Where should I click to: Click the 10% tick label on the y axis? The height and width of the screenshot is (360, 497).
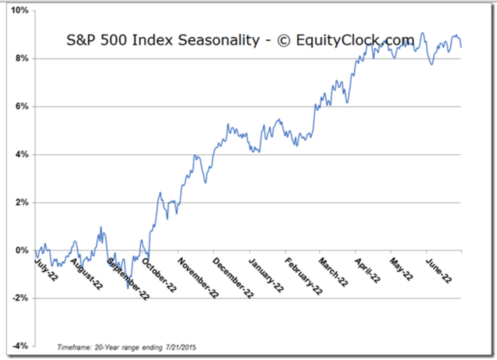click(x=20, y=10)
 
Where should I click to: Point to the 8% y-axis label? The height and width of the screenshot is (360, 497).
click(x=22, y=58)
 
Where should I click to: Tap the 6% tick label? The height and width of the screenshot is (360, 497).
click(x=22, y=106)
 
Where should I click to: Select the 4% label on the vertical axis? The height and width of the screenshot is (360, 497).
click(x=22, y=154)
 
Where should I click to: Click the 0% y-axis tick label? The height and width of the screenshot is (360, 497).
click(x=22, y=250)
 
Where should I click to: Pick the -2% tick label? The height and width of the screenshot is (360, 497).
click(x=20, y=298)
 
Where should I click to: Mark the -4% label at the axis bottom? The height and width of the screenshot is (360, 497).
click(x=20, y=346)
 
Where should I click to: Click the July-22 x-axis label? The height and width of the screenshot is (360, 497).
click(x=46, y=270)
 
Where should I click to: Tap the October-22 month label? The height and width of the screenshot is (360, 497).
click(x=159, y=275)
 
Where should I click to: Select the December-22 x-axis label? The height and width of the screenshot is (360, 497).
click(x=233, y=278)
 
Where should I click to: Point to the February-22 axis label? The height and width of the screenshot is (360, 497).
click(x=303, y=276)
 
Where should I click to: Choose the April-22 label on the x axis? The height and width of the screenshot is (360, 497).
click(x=367, y=271)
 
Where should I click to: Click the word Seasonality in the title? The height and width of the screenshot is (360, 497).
click(x=219, y=41)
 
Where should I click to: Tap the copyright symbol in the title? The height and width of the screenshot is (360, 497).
click(x=284, y=41)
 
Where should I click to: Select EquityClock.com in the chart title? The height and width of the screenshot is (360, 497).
click(x=355, y=40)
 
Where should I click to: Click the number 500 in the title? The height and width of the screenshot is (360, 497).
click(x=113, y=40)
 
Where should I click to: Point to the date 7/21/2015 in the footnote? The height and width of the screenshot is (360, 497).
click(x=181, y=347)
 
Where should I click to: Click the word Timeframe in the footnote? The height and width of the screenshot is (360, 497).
click(x=74, y=347)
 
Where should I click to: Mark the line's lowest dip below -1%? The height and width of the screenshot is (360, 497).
click(x=128, y=288)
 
